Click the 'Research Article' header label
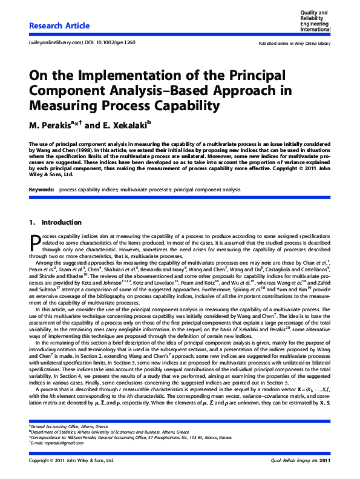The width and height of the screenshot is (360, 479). point(59,25)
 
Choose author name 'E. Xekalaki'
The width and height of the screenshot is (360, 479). point(126,125)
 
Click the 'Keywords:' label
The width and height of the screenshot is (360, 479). point(42,190)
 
